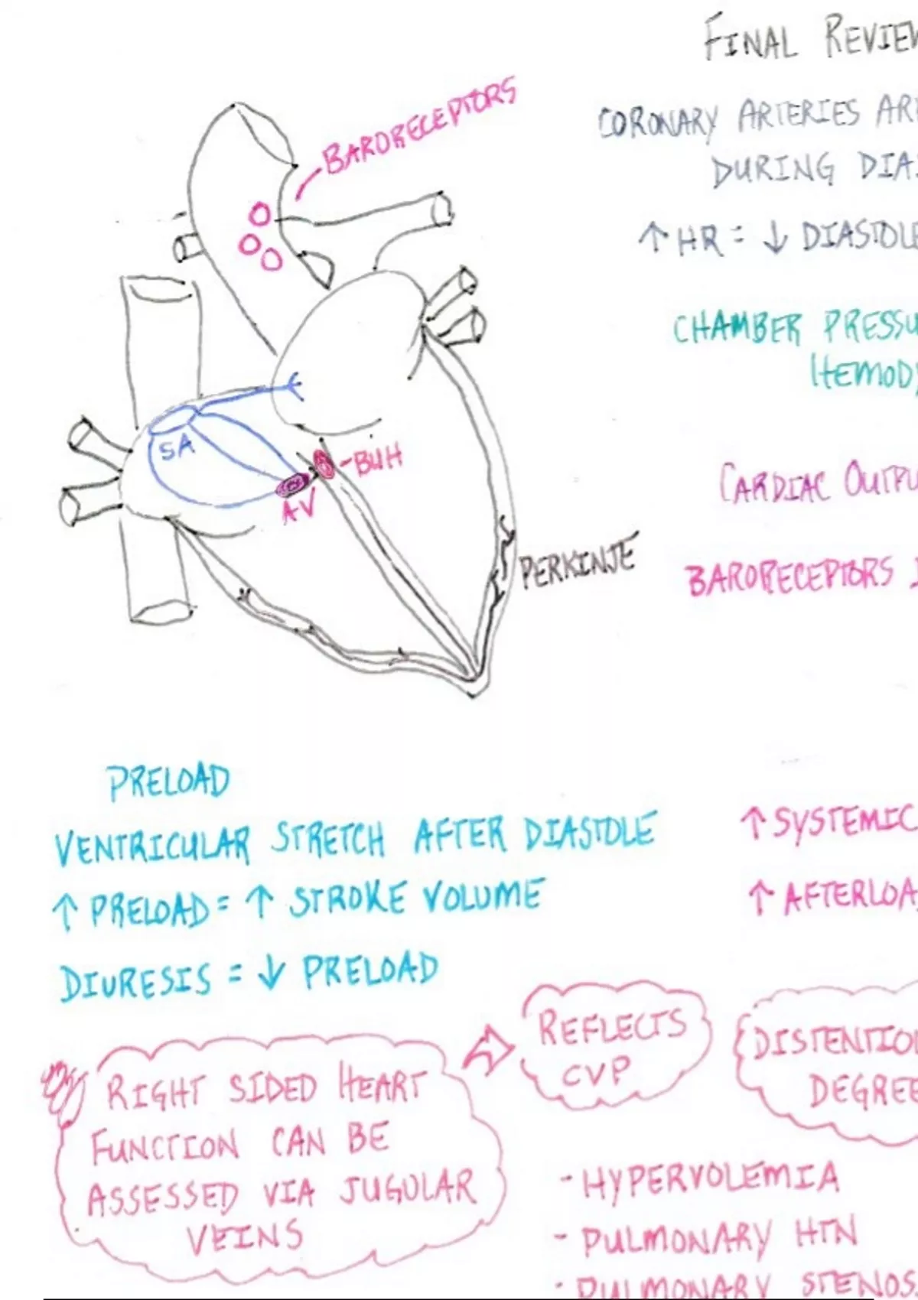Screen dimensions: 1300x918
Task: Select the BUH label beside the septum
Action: pyautogui.click(x=375, y=460)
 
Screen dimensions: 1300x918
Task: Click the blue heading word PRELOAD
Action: pyautogui.click(x=169, y=782)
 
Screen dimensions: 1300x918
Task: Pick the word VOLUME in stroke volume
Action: pyautogui.click(x=482, y=895)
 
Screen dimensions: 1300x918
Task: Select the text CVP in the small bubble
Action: pyautogui.click(x=597, y=1072)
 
